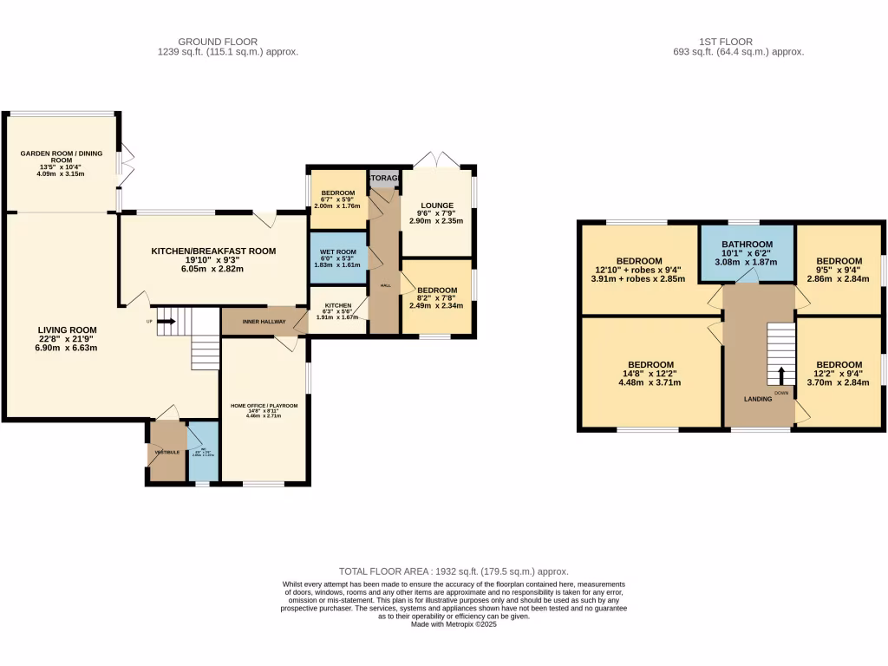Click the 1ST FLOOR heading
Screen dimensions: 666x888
coord(725,41)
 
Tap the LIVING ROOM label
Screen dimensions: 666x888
coord(67,330)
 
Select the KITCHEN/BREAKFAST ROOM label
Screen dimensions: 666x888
coord(213,251)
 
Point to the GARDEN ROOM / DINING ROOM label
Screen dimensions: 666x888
coord(62,157)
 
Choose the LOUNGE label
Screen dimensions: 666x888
coord(437,206)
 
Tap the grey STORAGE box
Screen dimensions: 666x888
coord(384,179)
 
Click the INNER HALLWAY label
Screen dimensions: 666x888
coord(264,322)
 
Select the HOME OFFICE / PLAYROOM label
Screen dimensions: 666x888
coord(264,406)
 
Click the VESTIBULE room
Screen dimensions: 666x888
coord(166,452)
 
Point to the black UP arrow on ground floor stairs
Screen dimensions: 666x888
coord(166,322)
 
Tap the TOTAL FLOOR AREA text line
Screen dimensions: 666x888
coord(454,571)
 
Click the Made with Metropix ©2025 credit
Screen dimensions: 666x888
coord(454,624)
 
